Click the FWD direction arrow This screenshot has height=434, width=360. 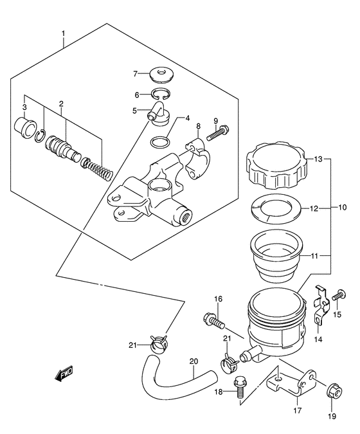64,374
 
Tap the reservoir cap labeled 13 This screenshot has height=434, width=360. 276,165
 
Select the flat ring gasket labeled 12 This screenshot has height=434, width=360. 276,208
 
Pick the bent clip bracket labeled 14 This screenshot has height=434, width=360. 321,306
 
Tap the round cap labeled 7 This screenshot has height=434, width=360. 162,75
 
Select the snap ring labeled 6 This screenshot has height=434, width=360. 161,94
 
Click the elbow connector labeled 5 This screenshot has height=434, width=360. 159,114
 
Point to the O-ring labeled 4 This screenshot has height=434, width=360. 160,143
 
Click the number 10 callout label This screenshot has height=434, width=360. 342,207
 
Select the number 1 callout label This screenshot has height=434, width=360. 64,34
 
